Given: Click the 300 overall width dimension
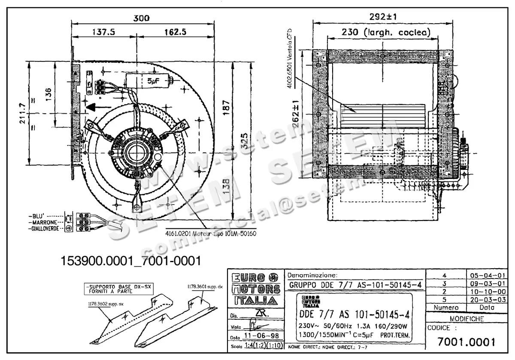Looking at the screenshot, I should [141, 18].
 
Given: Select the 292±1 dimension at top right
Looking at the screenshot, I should [383, 17].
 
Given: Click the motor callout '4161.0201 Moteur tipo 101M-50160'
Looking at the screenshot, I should [211, 234].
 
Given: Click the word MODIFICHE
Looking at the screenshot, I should [467, 319].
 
